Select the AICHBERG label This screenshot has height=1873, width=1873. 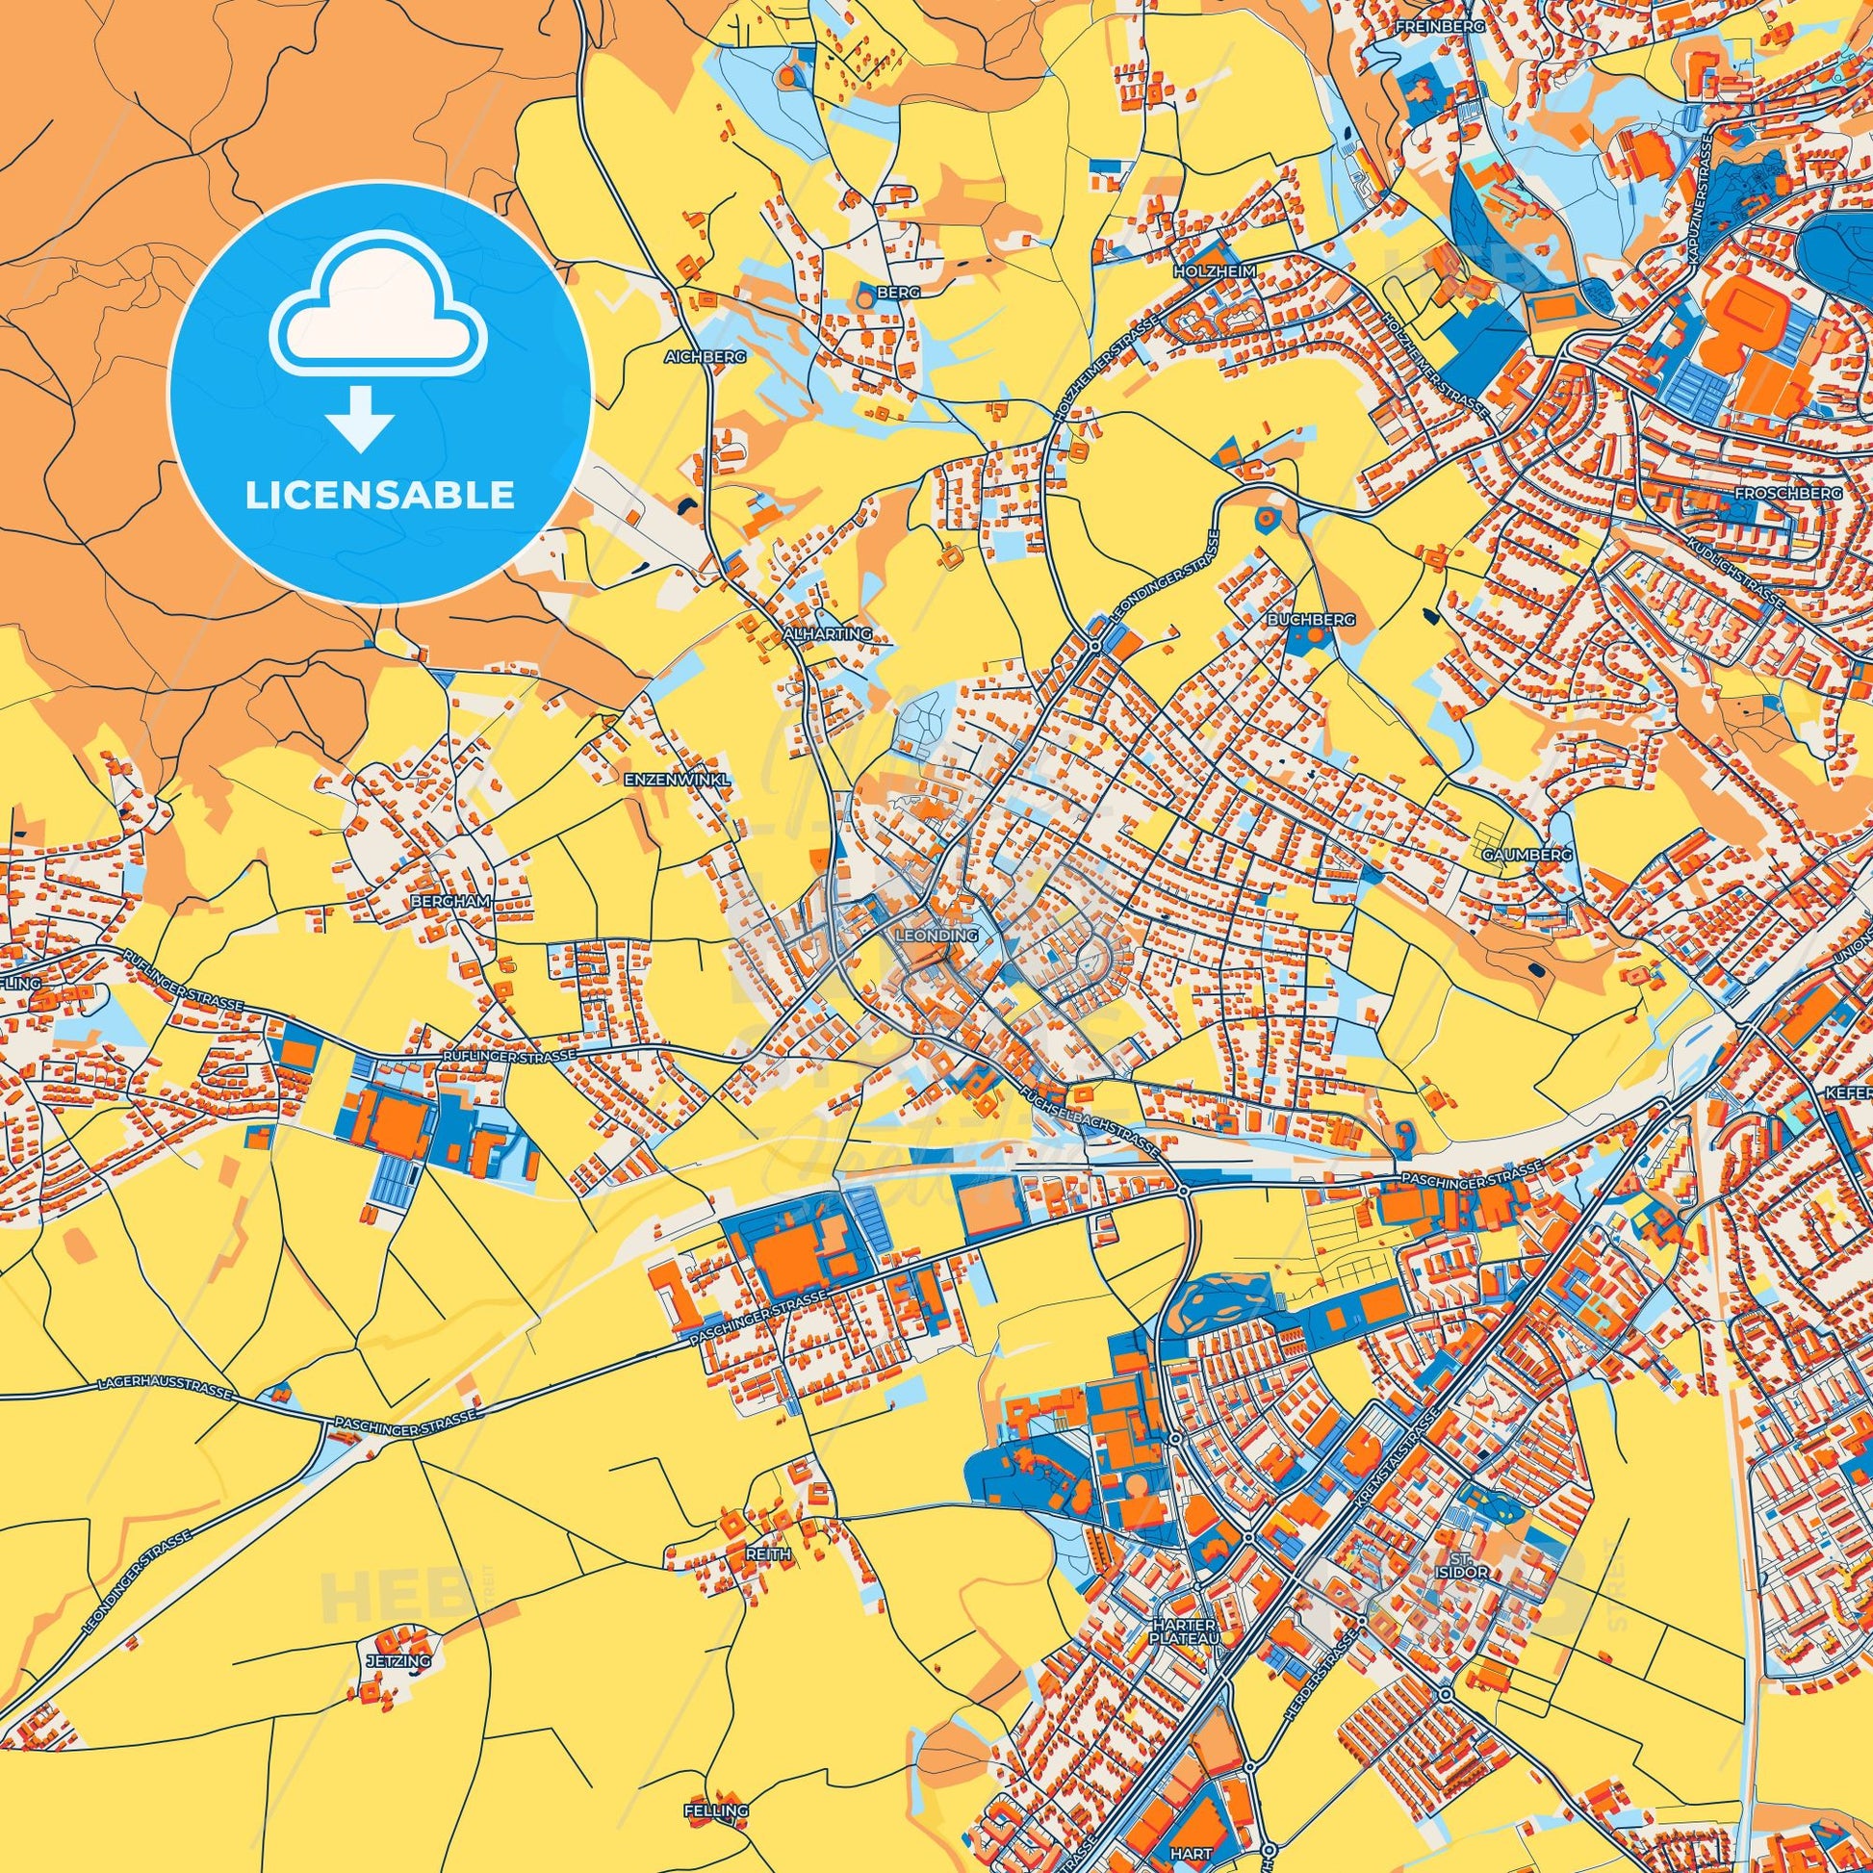(x=705, y=357)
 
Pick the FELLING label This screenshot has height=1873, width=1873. (x=716, y=1811)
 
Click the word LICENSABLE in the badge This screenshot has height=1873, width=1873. (x=380, y=496)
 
